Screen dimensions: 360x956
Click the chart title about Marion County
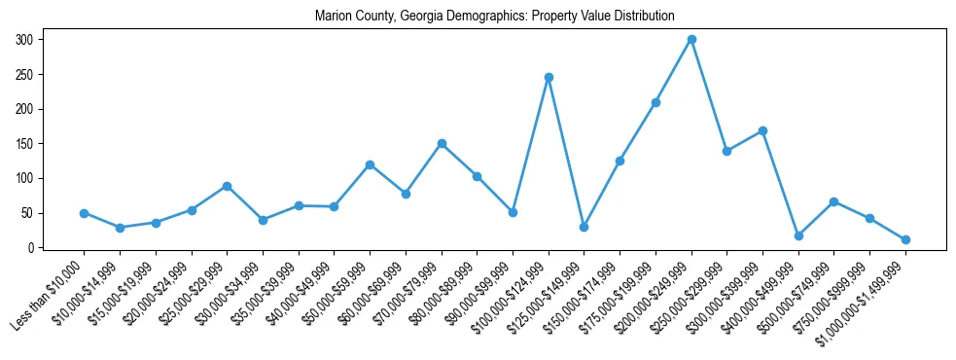[494, 17]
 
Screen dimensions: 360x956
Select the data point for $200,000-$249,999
[691, 40]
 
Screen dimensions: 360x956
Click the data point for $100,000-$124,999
[549, 77]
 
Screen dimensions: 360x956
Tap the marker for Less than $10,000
[84, 213]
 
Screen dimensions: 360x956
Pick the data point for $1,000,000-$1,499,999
[905, 239]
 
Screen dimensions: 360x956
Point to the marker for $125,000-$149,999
[584, 227]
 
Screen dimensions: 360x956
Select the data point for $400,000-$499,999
[798, 235]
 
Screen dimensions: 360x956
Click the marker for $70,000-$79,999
[442, 143]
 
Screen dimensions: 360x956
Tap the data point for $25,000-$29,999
[227, 186]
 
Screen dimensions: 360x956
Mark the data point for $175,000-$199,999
[655, 102]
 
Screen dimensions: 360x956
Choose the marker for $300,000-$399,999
[762, 130]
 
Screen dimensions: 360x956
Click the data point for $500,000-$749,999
[833, 201]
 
